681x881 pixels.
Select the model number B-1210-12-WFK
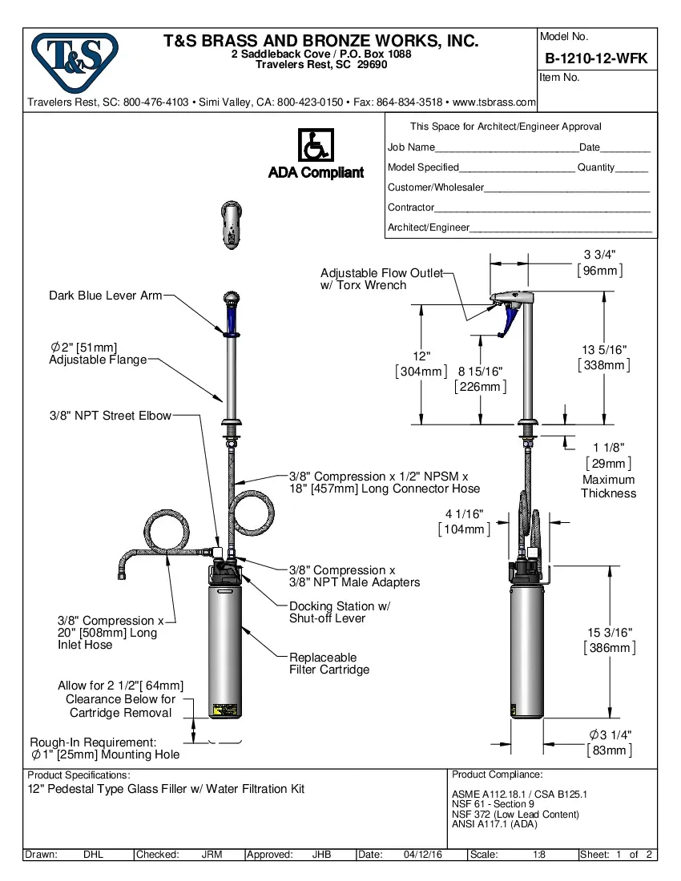(596, 58)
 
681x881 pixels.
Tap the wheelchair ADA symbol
(316, 145)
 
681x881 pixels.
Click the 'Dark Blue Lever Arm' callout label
(105, 296)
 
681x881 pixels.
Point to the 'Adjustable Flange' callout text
(98, 360)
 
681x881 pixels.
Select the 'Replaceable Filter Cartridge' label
(328, 663)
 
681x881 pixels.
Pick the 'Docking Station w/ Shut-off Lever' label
(339, 612)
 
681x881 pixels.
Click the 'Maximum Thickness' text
(608, 486)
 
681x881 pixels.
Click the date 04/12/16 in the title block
(423, 855)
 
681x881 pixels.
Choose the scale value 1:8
(539, 855)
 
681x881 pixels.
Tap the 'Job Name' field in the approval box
(411, 147)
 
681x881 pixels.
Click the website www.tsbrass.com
(494, 103)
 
